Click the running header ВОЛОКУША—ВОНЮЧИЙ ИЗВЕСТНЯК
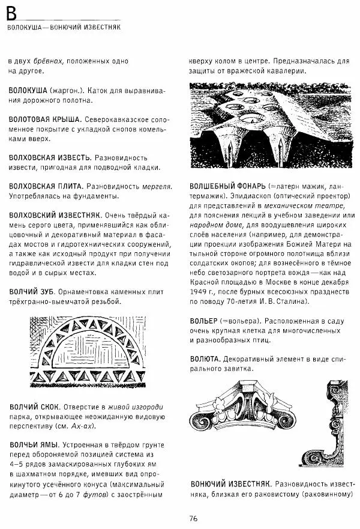(65, 28)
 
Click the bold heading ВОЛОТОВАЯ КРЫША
(44, 119)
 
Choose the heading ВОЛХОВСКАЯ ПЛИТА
(44, 186)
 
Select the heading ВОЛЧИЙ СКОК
(34, 407)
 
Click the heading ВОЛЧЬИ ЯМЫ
(33, 445)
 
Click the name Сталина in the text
(291, 301)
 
